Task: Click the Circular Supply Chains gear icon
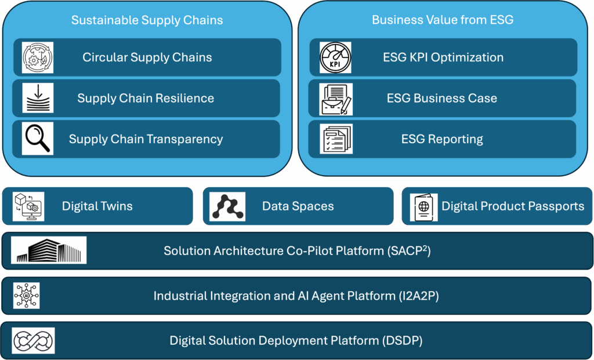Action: (x=38, y=57)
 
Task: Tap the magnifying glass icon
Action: (x=38, y=139)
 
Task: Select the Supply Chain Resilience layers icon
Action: (x=38, y=98)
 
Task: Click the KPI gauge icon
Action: (x=335, y=57)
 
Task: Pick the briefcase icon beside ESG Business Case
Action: (x=336, y=99)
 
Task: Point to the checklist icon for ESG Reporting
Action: (x=336, y=139)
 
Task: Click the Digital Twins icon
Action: (x=28, y=206)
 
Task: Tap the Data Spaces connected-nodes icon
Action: (x=227, y=207)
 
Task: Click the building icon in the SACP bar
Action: (x=49, y=250)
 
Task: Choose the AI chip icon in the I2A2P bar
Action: (x=27, y=295)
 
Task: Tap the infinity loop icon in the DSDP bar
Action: (x=33, y=340)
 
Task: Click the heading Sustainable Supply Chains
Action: (x=147, y=20)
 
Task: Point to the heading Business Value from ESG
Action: (x=443, y=20)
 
